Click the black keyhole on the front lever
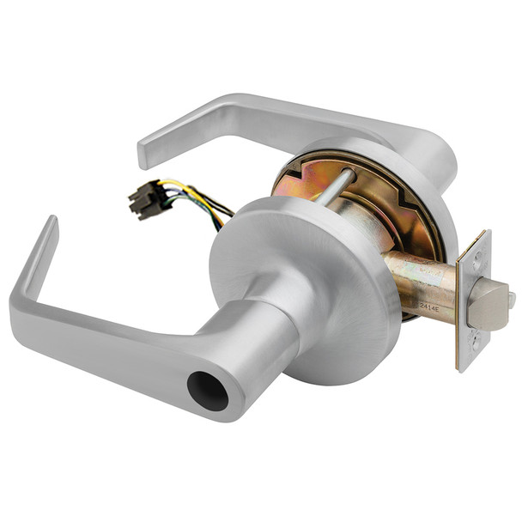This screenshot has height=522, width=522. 208,391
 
